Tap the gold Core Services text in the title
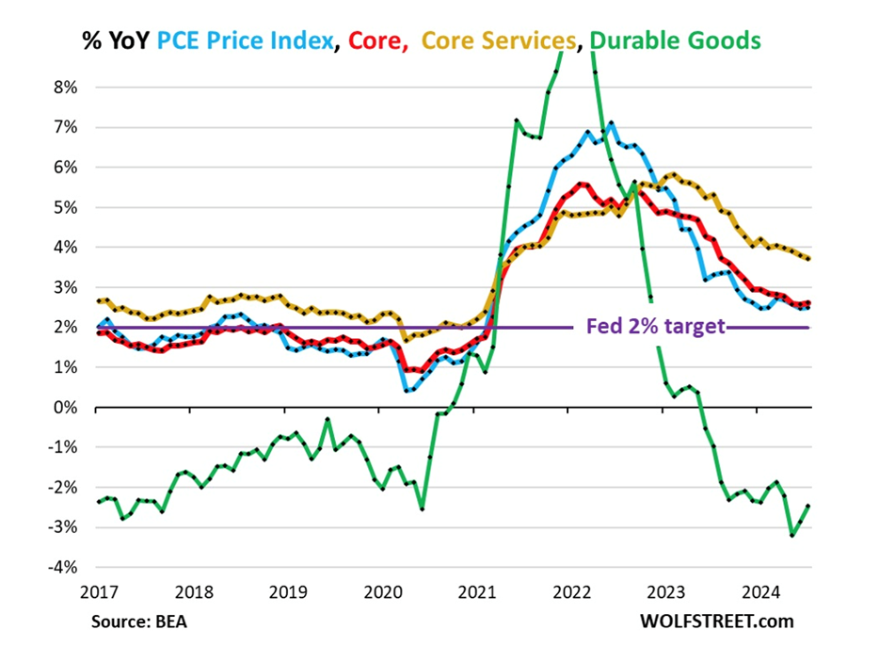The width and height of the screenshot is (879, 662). tap(498, 40)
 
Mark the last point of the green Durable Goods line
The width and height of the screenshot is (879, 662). tap(809, 507)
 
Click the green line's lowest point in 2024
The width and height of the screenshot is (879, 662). tap(792, 536)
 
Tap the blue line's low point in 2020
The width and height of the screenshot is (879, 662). tap(407, 390)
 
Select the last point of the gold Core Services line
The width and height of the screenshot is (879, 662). tap(809, 259)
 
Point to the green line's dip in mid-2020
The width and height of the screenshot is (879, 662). tap(422, 509)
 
